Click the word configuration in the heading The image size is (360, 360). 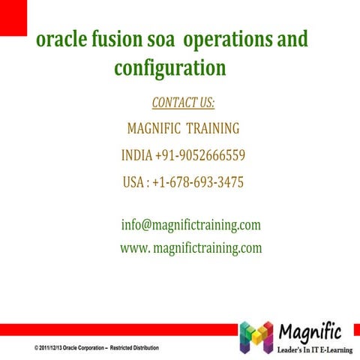169,68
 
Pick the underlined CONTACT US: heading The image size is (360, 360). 183,102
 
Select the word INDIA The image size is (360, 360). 136,156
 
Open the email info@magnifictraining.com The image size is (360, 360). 190,225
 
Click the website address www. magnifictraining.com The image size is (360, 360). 190,248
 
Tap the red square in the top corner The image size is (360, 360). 13,13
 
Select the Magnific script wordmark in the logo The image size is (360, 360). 310,330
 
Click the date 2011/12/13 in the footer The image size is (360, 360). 49,349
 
